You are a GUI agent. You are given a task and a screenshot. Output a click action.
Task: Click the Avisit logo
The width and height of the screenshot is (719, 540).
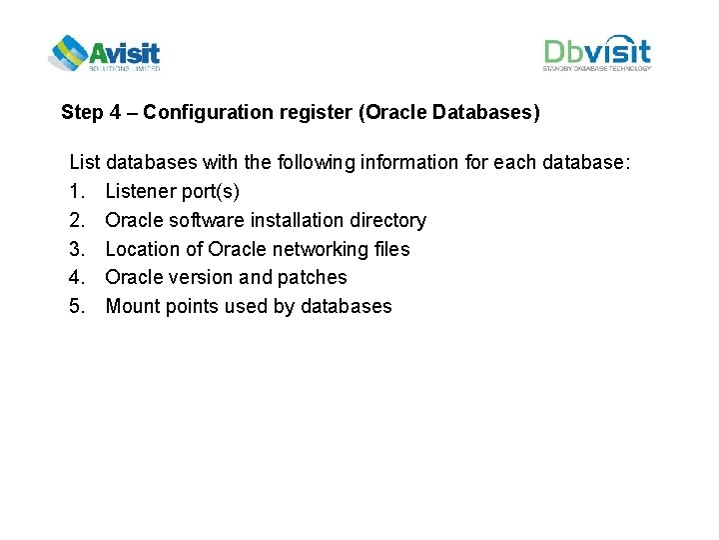(x=104, y=53)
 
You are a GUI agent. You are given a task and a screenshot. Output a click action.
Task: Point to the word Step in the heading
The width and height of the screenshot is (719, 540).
(x=81, y=112)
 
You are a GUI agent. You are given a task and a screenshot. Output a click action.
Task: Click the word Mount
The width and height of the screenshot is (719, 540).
(x=131, y=306)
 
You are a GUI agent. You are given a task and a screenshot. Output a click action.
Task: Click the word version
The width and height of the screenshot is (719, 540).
(x=204, y=277)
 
